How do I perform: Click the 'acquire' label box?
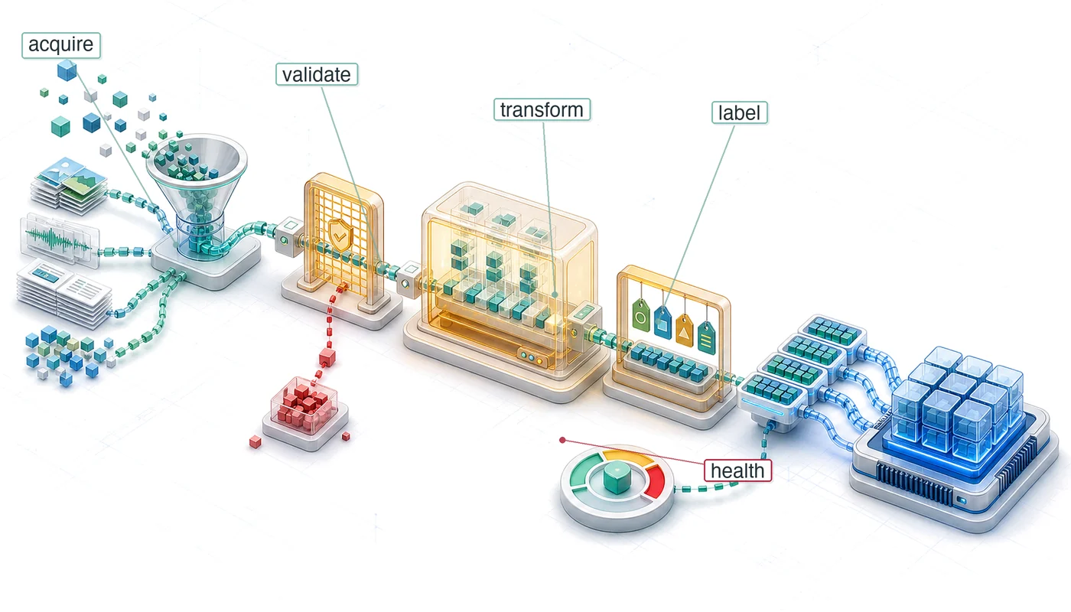61,45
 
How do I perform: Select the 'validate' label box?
317,75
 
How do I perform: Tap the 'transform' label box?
542,109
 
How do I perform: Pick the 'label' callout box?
739,113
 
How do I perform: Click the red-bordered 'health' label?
737,471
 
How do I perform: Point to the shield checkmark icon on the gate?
340,235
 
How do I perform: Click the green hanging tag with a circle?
641,315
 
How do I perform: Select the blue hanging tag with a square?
662,323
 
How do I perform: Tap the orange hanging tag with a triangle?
684,330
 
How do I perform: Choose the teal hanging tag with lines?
706,337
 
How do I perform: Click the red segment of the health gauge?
655,480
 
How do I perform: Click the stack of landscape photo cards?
70,184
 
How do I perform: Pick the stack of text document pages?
64,292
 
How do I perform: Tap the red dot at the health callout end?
563,440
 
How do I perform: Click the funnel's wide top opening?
196,160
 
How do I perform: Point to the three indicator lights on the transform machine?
532,356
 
